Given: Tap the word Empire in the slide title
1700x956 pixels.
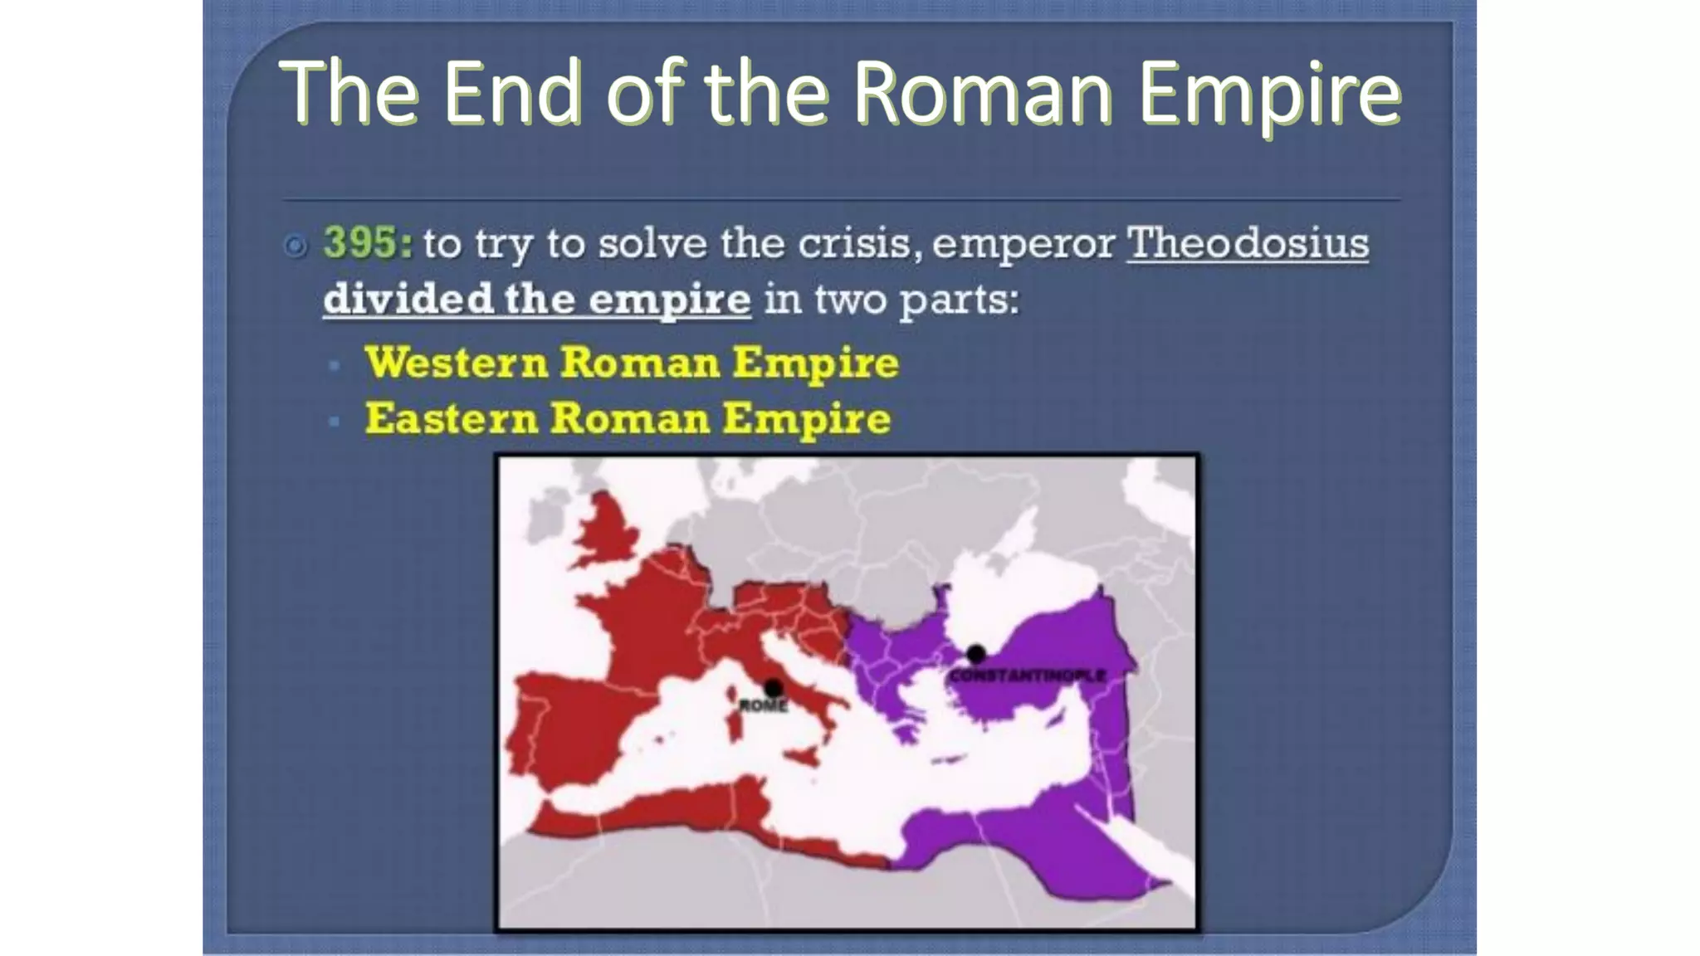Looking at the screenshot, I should coord(1269,93).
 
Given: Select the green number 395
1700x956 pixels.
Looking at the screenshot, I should coord(366,243).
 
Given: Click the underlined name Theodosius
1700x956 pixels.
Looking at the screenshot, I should coord(1247,243).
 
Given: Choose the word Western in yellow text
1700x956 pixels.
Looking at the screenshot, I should coord(457,363).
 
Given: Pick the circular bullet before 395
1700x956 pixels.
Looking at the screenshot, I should coord(295,246).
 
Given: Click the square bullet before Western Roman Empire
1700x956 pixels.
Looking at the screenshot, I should coord(335,364).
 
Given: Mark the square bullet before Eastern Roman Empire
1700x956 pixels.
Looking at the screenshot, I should coord(335,421).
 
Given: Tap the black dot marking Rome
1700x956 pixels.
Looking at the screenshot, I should coord(773,688).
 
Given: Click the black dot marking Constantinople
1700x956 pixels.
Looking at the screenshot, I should coord(976,654).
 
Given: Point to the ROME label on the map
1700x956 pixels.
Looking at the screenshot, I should coord(762,706).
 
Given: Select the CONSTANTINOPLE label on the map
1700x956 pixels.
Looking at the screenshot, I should coord(1028,676).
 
